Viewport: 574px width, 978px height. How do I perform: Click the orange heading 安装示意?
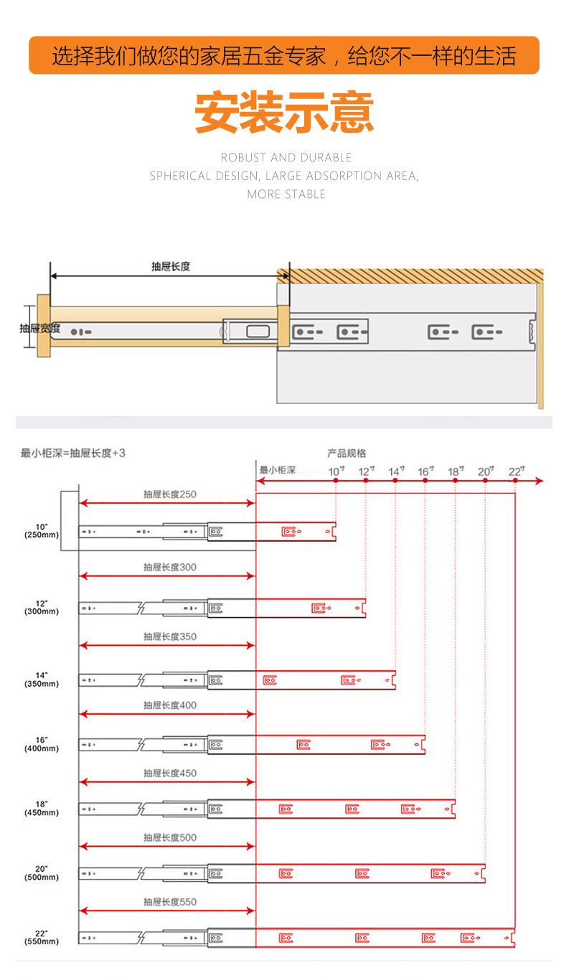click(284, 111)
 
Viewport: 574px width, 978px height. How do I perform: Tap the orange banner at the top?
click(284, 55)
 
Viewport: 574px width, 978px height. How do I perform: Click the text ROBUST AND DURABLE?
click(286, 157)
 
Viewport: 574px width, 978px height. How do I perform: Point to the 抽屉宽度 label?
click(40, 329)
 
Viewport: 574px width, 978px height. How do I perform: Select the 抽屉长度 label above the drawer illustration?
click(171, 266)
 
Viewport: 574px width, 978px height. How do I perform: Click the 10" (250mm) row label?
click(42, 531)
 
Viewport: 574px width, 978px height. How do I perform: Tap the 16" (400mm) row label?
click(42, 744)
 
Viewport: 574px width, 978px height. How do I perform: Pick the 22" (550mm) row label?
click(42, 937)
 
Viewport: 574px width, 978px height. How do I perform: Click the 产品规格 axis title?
click(347, 453)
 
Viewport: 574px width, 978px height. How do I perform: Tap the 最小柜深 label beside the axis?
click(278, 471)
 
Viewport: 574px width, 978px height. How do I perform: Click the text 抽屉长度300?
click(169, 568)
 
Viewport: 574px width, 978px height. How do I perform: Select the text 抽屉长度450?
click(169, 774)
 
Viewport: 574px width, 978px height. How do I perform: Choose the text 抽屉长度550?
click(169, 902)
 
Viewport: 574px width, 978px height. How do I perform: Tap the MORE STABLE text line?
click(286, 194)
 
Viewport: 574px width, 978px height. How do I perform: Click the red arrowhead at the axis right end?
click(539, 481)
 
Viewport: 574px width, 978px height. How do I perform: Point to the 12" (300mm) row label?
click(42, 607)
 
